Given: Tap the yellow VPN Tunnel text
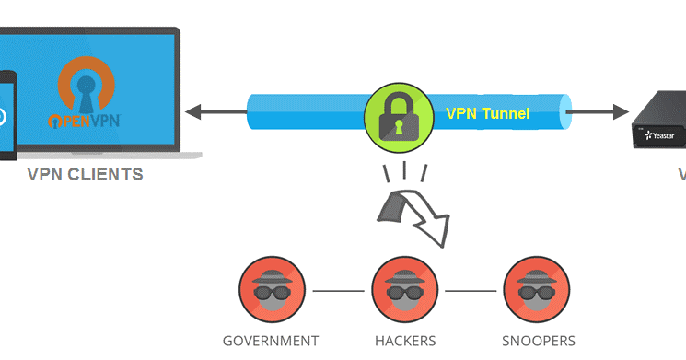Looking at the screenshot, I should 487,114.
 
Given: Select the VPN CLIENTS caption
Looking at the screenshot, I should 85,174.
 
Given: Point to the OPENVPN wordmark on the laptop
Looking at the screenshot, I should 86,120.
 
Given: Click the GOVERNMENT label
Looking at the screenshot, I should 271,341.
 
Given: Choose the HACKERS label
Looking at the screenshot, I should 405,341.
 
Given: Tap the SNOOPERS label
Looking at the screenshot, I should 539,341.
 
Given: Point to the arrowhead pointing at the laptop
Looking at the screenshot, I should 193,113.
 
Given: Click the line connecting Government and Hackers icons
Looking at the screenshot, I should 338,291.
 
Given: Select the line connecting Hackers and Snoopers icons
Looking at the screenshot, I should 471,291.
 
